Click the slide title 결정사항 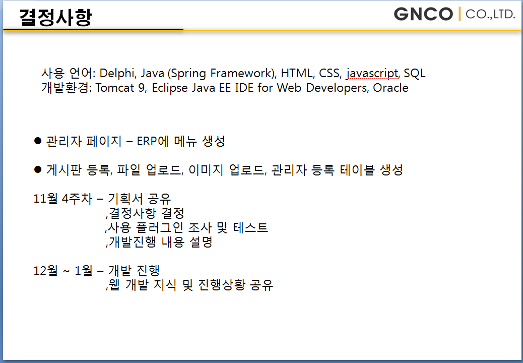[x=55, y=17]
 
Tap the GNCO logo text [x=423, y=14]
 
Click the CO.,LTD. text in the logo [x=490, y=14]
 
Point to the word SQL [x=415, y=73]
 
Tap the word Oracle [x=390, y=88]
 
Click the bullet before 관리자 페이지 [x=38, y=141]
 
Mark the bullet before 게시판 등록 [x=38, y=169]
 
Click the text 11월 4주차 [x=62, y=199]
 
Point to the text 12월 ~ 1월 [x=63, y=270]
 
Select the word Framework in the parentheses [x=242, y=73]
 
